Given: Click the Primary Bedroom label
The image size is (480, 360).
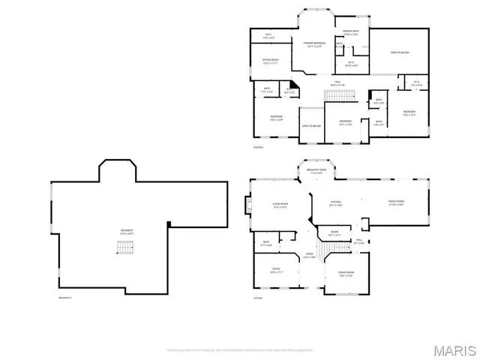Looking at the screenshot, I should click(x=315, y=45).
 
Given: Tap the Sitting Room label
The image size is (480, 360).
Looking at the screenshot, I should click(x=271, y=61).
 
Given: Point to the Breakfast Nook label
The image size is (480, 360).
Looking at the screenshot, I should click(x=315, y=172).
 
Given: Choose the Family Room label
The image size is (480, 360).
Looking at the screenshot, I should click(x=394, y=202).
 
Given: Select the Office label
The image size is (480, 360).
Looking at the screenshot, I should click(x=265, y=272).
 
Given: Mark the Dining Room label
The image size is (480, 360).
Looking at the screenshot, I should click(x=345, y=274).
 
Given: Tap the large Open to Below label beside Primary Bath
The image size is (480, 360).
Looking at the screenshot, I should click(x=399, y=53).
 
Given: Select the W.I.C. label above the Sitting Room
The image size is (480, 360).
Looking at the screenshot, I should click(x=268, y=34).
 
